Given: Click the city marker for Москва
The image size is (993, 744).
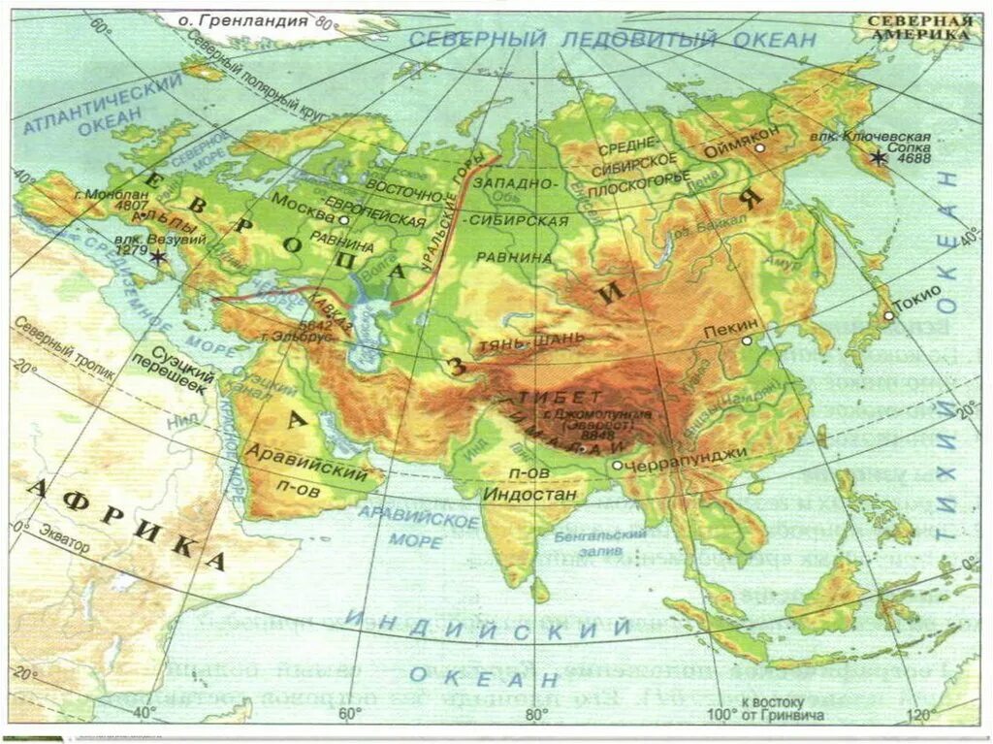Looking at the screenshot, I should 343,220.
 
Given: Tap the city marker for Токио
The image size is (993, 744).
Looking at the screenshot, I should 888,315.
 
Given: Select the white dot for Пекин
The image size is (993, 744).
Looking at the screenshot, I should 747,340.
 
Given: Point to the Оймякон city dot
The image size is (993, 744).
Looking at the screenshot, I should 760,147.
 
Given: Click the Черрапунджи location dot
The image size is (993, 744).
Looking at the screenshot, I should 617,465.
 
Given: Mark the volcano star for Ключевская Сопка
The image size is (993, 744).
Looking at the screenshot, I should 879,157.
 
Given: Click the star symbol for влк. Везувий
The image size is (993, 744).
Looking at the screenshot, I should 156,258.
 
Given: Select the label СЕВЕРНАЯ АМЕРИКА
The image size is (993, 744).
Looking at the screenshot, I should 919,26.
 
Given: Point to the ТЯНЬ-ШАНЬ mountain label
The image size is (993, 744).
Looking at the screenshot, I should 529,340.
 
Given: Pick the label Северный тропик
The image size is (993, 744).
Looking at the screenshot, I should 64,359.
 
